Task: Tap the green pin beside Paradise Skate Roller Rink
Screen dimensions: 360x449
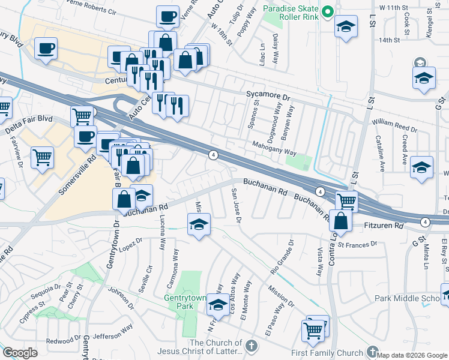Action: point(328,11)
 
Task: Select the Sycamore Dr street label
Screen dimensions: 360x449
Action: point(268,95)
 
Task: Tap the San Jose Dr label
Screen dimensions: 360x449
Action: point(236,206)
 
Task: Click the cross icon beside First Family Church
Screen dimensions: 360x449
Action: point(372,352)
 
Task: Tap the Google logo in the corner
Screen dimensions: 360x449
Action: point(20,352)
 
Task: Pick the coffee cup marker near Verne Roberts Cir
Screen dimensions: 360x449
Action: point(167,16)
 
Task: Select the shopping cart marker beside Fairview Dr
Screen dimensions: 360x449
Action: point(42,158)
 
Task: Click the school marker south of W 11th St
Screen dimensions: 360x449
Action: point(346,27)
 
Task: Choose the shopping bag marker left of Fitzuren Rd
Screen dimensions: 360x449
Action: point(340,220)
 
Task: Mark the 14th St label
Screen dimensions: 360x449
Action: point(389,40)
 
